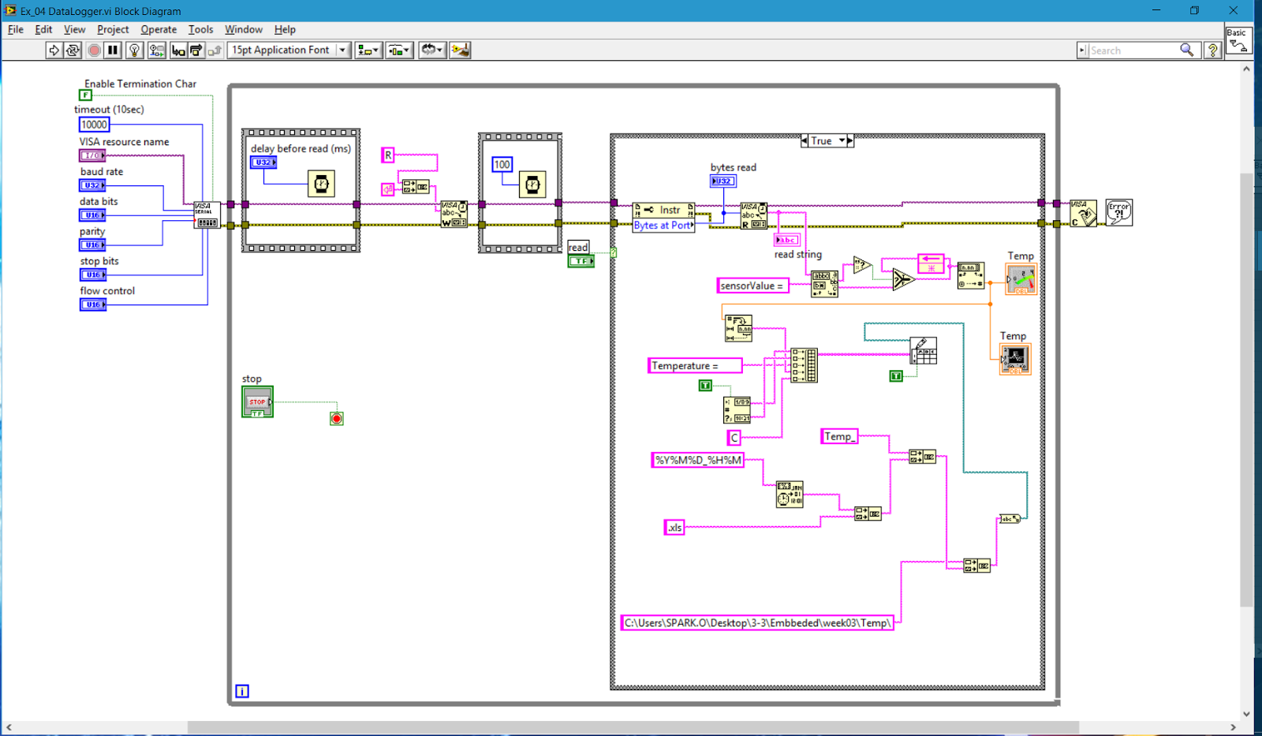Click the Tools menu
200,29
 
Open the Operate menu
159,29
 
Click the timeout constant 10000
94,125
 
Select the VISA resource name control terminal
92,155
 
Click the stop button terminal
257,402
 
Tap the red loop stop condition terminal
337,418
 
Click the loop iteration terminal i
242,691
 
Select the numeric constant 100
502,164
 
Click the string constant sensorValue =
752,286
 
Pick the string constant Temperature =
694,365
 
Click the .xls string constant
674,528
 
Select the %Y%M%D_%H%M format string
698,460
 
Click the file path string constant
757,622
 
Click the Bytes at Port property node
663,226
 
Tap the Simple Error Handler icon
1118,212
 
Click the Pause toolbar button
114,50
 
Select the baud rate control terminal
92,185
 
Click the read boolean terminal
581,261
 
